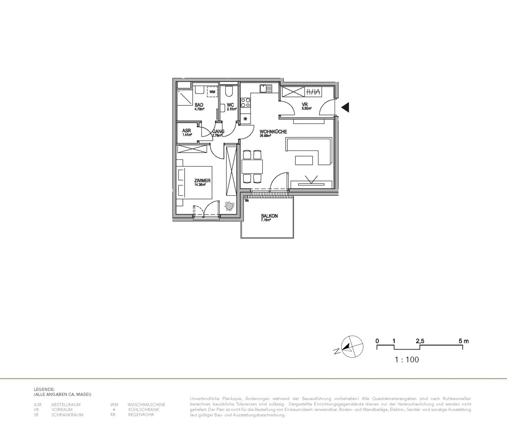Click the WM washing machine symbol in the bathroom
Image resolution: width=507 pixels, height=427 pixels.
click(213, 92)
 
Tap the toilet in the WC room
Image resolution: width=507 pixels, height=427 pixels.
click(229, 91)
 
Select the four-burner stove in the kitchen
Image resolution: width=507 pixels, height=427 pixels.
click(245, 102)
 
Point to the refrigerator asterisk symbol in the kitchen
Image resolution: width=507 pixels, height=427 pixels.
click(245, 120)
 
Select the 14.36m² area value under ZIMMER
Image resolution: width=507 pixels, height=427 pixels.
click(200, 185)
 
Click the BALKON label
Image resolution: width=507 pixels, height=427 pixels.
click(269, 216)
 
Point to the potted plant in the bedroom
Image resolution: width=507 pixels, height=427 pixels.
click(229, 206)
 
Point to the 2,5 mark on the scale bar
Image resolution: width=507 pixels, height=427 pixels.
click(420, 341)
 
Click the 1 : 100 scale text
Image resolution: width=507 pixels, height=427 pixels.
click(406, 360)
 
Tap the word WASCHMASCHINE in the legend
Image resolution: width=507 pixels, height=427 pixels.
click(146, 405)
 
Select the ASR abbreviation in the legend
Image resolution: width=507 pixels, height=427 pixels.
click(38, 405)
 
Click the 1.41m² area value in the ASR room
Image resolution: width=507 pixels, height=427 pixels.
click(187, 135)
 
